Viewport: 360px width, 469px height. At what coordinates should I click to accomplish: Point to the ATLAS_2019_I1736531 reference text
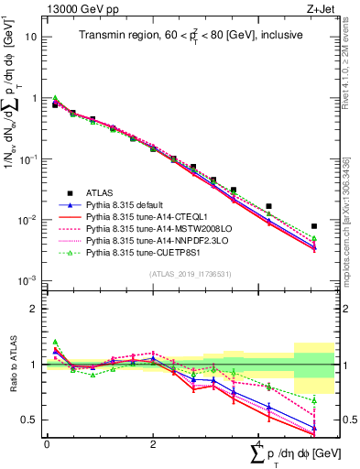tap(183, 273)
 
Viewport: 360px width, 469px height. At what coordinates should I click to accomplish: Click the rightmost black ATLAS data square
tap(314, 225)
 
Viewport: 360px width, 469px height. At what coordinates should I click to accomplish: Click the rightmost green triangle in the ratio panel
tap(314, 400)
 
